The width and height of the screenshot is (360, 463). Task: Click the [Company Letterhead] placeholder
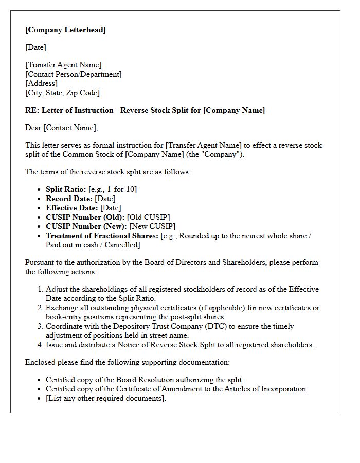point(65,30)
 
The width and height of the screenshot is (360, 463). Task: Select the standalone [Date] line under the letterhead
point(35,47)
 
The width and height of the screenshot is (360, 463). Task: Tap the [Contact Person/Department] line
point(74,74)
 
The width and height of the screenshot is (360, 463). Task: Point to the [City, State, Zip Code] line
point(62,93)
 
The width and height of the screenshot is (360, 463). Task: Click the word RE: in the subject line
point(32,110)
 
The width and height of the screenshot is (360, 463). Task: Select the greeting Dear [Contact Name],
point(61,128)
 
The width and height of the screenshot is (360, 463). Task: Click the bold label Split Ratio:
point(66,189)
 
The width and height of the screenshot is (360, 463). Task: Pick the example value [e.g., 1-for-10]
point(113,189)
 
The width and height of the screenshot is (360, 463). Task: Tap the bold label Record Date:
point(69,199)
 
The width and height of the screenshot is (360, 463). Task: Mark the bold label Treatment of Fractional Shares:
point(102,236)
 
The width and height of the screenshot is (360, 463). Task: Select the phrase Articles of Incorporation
point(266,389)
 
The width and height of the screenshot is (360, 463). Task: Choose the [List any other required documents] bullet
point(105,398)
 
